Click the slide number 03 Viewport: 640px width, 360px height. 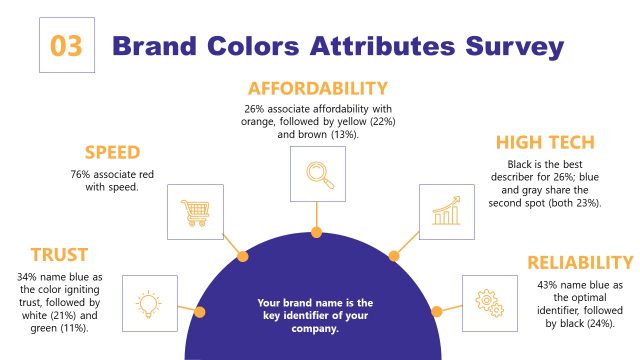(x=66, y=46)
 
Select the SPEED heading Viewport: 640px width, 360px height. (x=111, y=153)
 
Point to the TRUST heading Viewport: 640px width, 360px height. (x=58, y=255)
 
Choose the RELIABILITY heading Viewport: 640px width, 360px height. (x=580, y=262)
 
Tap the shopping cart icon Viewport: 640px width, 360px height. (x=194, y=212)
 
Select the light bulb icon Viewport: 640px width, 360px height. (x=148, y=303)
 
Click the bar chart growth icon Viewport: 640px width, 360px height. (x=446, y=212)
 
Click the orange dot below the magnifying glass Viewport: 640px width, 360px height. (x=316, y=232)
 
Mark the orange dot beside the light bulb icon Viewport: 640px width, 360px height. (x=199, y=313)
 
